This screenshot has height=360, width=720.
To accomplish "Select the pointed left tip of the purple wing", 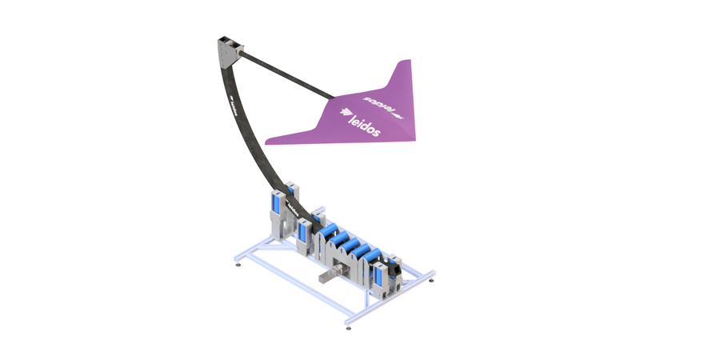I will click(269, 142).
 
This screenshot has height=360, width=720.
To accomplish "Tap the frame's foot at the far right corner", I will click(433, 280).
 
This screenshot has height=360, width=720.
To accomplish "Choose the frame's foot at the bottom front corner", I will click(347, 326).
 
